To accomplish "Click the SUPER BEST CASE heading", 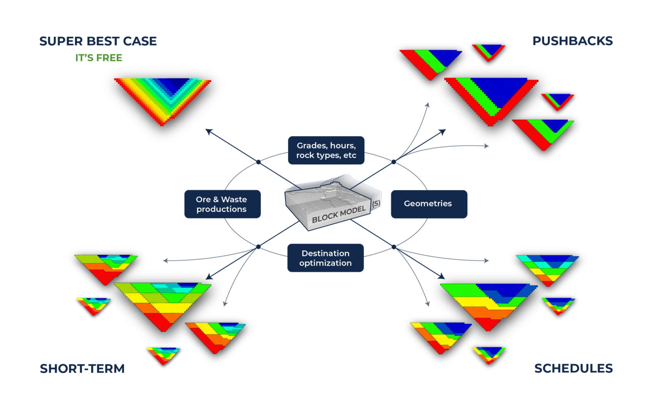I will [98, 41].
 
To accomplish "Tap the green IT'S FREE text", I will [98, 58].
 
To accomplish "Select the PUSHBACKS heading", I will [572, 41].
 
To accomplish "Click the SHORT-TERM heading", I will [82, 369].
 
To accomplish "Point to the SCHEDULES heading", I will [573, 368].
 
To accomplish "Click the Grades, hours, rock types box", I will [326, 150].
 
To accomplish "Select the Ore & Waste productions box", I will [222, 204].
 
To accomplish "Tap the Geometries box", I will [428, 204].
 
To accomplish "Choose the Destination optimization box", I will [325, 258].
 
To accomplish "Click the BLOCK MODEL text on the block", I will [338, 214].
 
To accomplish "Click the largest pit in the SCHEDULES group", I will [488, 303].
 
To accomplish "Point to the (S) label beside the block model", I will [376, 203].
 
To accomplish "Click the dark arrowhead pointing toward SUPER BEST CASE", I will [209, 132].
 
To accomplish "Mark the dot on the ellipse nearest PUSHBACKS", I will [394, 162].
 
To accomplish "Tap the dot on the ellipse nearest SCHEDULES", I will [394, 247].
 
